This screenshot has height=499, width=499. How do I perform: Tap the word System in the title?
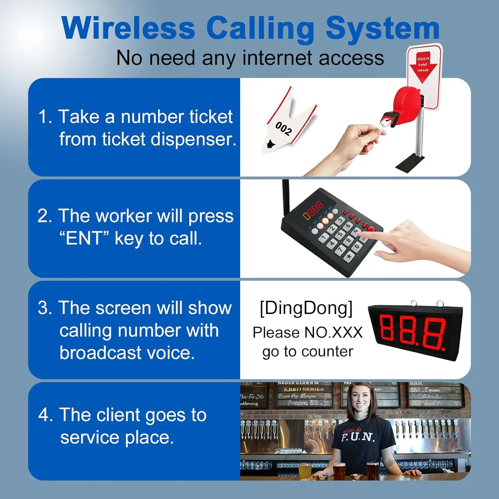pos(383,29)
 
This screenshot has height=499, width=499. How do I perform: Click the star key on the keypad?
pos(349,256)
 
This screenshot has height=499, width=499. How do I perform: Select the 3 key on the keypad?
pos(340,220)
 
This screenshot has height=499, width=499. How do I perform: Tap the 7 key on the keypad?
pos(340,249)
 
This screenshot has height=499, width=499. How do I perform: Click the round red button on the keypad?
pos(371,229)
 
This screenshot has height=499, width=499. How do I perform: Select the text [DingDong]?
pos(306,308)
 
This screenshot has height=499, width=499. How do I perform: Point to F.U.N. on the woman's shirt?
pos(358,436)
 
